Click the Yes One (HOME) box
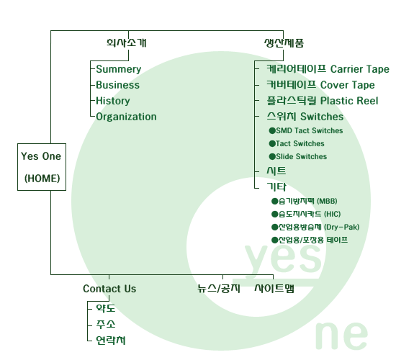pos(42,167)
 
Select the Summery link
pos(119,69)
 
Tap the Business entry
pos(117,85)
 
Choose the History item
pos(113,101)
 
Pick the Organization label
pos(126,117)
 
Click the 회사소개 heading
pos(126,42)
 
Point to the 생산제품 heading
pos(284,42)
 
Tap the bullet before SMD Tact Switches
pos(272,130)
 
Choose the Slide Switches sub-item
pos(301,157)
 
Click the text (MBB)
pos(327,201)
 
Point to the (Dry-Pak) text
pos(342,227)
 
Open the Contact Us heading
pos(109,289)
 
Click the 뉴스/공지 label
pos(219,289)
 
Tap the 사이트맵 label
pos(274,289)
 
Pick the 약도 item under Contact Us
pos(106,308)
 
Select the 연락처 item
pos(111,341)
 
